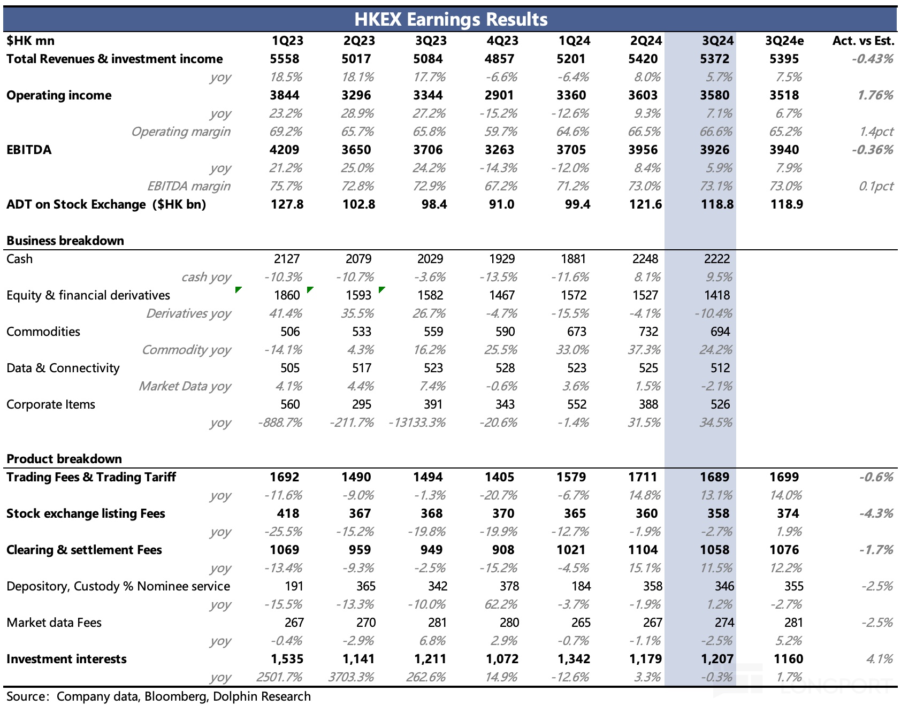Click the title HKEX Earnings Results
click(x=450, y=19)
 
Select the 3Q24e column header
click(x=784, y=41)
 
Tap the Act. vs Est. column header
click(x=863, y=41)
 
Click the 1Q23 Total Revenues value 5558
click(x=285, y=59)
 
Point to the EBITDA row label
click(x=29, y=150)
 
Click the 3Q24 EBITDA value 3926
click(x=714, y=150)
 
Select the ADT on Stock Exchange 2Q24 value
click(x=646, y=204)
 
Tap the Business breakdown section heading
click(x=65, y=241)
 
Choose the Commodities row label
click(x=43, y=332)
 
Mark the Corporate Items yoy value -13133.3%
click(x=417, y=423)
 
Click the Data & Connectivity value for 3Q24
click(x=720, y=368)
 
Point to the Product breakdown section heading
click(x=64, y=459)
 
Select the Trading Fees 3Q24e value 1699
click(x=784, y=477)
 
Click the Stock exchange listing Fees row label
click(x=86, y=513)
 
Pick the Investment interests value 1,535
click(x=287, y=659)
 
